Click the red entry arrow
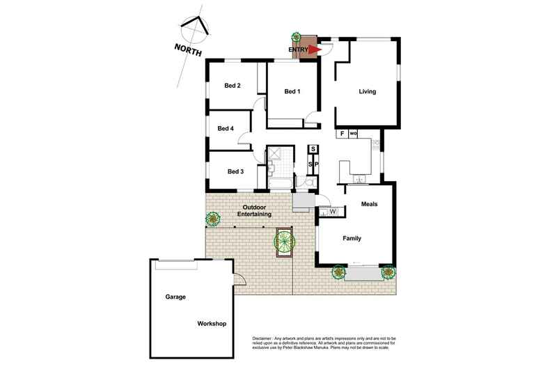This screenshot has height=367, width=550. [315, 49]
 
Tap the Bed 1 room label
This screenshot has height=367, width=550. [292, 91]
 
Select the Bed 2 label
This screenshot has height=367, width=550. [233, 86]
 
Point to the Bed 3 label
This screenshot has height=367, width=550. [236, 171]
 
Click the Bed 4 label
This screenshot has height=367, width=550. [226, 128]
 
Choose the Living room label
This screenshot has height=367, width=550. [368, 91]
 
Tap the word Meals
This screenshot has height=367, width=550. [370, 204]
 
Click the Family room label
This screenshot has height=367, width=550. [352, 238]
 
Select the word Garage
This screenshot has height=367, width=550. [175, 297]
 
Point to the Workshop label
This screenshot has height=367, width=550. [212, 324]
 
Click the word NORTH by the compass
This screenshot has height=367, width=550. [188, 50]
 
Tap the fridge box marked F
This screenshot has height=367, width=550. [342, 134]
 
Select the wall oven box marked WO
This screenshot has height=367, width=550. [353, 134]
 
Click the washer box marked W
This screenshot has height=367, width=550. [333, 212]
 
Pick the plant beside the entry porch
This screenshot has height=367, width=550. [296, 36]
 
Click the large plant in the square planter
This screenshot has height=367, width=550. [284, 241]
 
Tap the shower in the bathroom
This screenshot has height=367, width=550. [274, 153]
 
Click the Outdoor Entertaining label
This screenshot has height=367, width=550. [254, 210]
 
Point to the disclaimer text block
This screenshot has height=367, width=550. [324, 343]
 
